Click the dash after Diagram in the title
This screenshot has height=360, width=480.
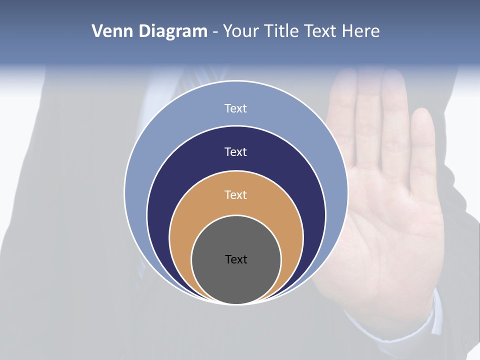tap(215, 32)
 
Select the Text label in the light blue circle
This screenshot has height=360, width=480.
tap(236, 108)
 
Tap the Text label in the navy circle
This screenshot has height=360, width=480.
tap(236, 151)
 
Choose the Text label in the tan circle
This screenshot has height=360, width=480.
tap(236, 194)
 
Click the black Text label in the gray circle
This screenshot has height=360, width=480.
tap(236, 259)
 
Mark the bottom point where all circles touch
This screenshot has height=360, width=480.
tap(236, 304)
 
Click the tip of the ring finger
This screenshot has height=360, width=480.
tap(393, 75)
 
